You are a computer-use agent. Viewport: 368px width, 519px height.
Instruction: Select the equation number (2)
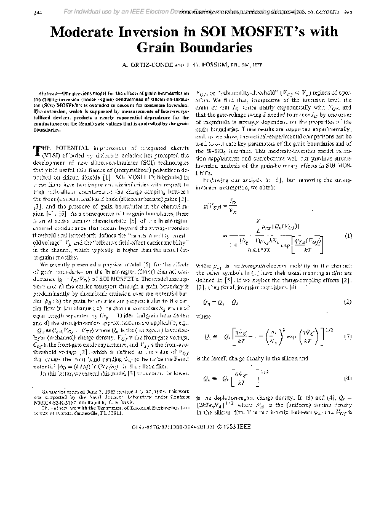coord(348,302)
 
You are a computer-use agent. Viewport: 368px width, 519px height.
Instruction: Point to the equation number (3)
coord(348,337)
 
